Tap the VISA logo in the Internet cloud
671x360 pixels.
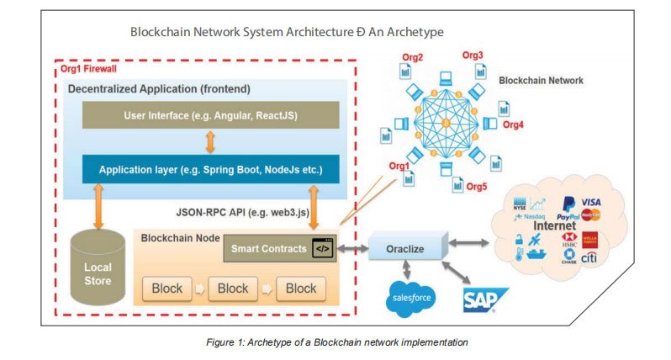[590, 202]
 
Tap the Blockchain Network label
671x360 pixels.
[541, 81]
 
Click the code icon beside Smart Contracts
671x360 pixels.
[321, 249]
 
